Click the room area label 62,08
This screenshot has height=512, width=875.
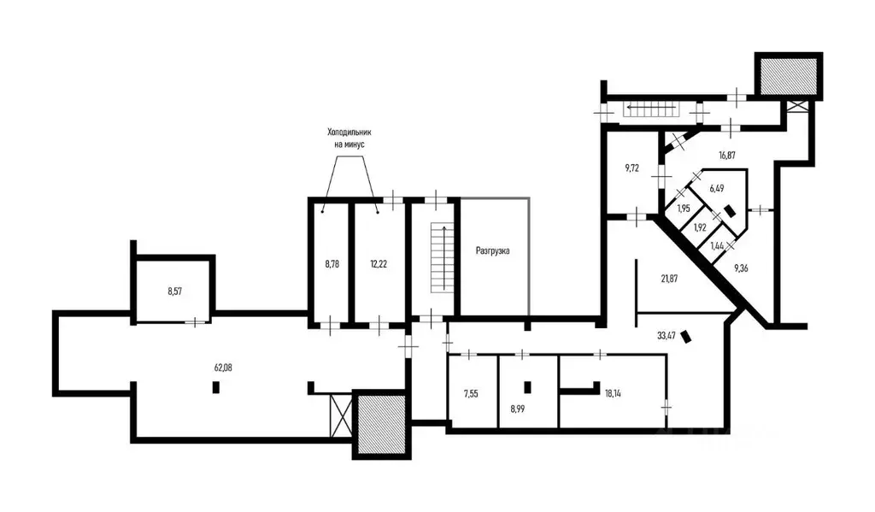point(223,368)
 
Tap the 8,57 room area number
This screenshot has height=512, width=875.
point(174,291)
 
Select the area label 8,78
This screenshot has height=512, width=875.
point(332,264)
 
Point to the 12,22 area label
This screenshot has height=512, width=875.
point(379,264)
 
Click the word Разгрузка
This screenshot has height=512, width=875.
point(492,250)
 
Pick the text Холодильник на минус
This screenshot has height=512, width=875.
point(349,138)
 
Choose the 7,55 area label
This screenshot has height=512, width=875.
point(471,394)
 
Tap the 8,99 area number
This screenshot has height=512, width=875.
point(517,409)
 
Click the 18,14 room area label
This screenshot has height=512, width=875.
point(613,393)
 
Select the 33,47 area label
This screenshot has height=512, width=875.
point(667,336)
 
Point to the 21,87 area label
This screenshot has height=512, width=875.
point(669,278)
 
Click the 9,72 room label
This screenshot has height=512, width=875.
point(631,168)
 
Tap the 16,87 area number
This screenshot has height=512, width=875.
point(726,156)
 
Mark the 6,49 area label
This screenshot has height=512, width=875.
point(717,188)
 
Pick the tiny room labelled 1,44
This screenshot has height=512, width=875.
point(717,245)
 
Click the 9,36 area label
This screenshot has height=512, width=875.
point(741,268)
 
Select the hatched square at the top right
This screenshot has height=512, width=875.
point(789,76)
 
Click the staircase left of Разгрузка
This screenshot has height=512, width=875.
point(440,256)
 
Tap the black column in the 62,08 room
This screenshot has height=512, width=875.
point(216,387)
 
